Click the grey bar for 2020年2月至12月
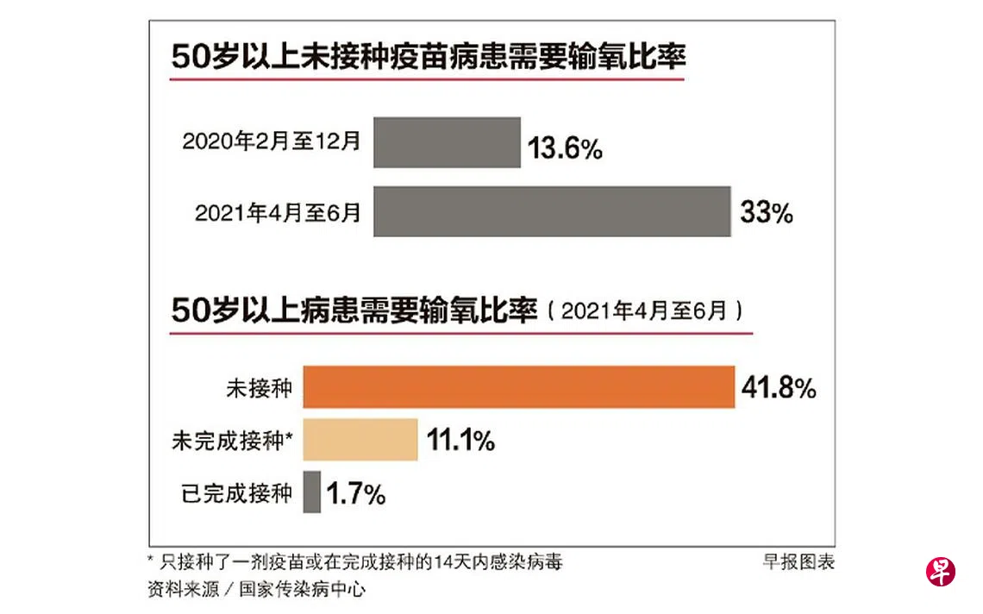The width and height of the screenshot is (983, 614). [447, 142]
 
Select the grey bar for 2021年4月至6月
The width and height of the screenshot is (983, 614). [552, 211]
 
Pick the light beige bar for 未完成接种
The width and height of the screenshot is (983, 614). [360, 441]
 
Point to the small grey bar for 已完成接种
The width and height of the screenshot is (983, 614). [311, 492]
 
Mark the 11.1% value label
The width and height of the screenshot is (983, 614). [460, 442]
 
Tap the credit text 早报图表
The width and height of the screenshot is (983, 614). [798, 562]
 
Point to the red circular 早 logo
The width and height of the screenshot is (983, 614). [941, 572]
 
